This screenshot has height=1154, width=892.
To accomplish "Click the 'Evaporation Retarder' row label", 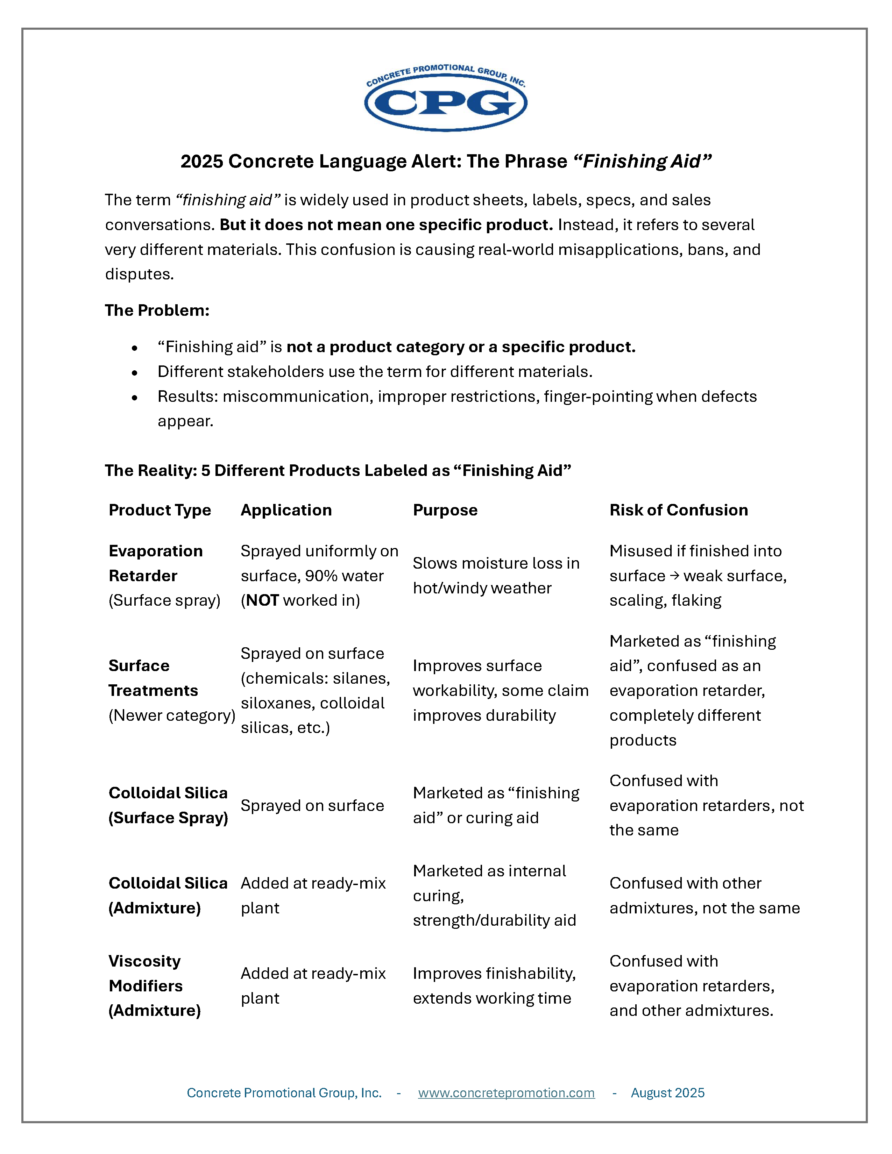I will [155, 563].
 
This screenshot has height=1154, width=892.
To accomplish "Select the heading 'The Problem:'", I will [157, 310].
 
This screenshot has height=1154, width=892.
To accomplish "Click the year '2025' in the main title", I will [202, 161].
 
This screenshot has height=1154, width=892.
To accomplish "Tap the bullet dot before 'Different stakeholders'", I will [135, 372].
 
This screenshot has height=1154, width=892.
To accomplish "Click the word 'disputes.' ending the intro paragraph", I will [139, 274].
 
